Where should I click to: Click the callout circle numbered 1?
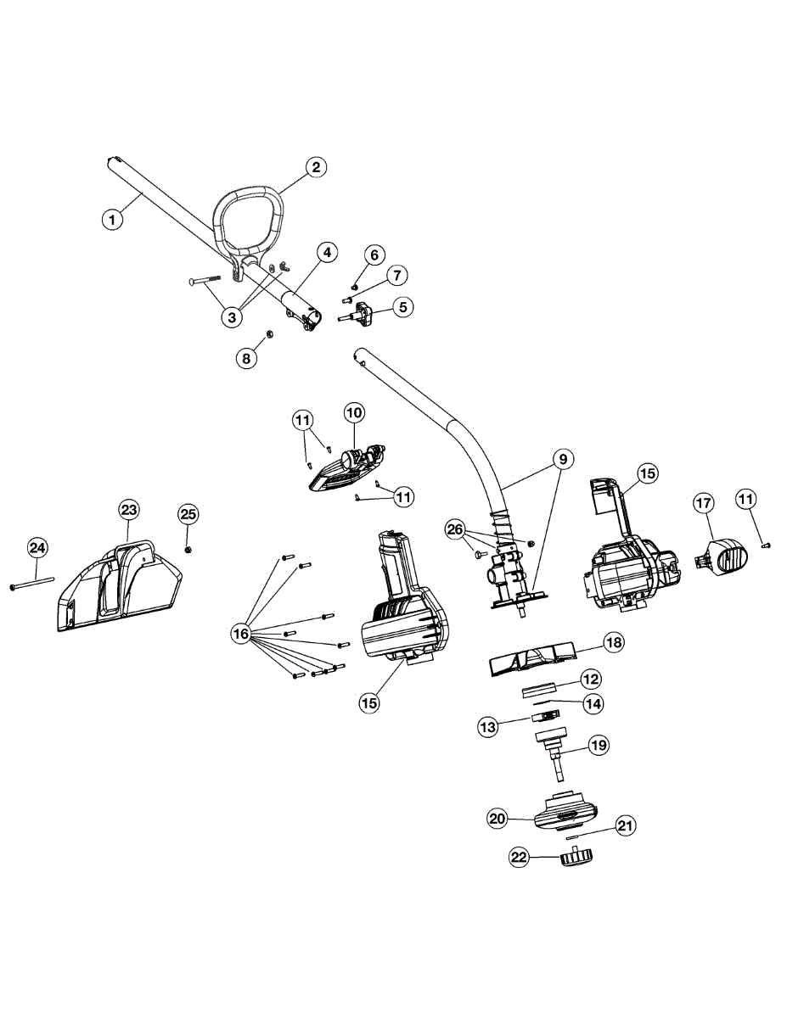(112, 219)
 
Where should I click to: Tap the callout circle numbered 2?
(315, 167)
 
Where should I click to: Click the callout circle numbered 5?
(403, 306)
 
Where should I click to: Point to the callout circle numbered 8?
(246, 358)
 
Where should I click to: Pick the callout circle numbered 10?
(354, 413)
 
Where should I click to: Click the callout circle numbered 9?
(562, 459)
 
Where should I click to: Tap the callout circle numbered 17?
(704, 503)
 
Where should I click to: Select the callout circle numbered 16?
(240, 633)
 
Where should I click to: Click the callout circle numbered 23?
(128, 510)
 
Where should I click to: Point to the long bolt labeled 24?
(31, 584)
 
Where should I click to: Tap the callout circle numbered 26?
(456, 530)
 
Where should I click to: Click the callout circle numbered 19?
(599, 746)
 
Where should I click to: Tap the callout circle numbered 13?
(487, 727)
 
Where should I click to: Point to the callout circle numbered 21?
(625, 825)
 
